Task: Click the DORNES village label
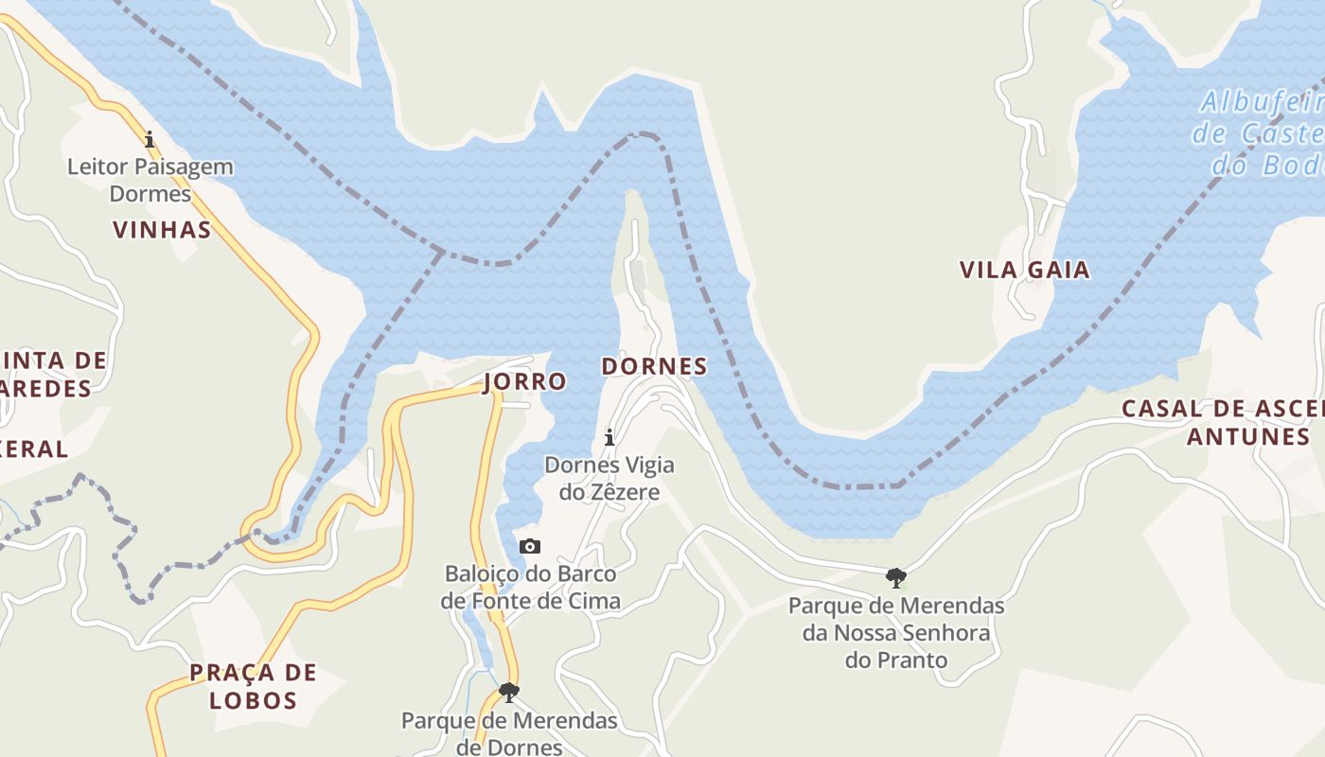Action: [654, 366]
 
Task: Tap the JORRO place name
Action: [524, 381]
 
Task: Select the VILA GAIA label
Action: [1024, 271]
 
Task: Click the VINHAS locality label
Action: [162, 230]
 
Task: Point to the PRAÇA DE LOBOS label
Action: [253, 687]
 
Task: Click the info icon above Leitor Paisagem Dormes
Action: [150, 140]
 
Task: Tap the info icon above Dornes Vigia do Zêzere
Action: [609, 437]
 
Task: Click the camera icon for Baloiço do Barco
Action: [530, 547]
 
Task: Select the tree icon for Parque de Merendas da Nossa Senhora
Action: [895, 577]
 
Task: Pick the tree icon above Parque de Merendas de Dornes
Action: [509, 693]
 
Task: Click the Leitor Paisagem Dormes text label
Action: [150, 180]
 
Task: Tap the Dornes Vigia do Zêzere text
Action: [609, 479]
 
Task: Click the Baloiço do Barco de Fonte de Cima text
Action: [530, 588]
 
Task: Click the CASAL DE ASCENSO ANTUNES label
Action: [1230, 422]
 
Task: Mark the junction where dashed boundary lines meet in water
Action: [442, 251]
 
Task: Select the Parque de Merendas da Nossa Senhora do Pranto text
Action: [896, 632]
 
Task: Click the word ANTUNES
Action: [1247, 436]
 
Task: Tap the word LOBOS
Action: [253, 701]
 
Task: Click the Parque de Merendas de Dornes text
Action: [509, 733]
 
